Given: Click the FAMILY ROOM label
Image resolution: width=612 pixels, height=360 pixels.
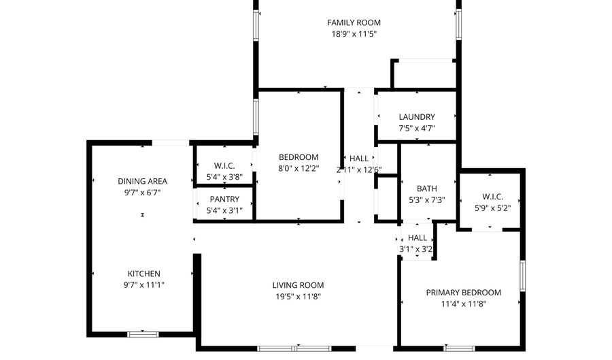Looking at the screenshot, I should point(354,22).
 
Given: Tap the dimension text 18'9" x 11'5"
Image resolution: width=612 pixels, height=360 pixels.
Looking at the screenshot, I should point(354,33).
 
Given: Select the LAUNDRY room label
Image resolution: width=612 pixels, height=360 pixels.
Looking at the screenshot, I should point(417,117).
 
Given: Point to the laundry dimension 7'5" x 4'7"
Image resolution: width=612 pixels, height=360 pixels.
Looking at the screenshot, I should point(417,128).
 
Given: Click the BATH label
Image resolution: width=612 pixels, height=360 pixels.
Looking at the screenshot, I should point(427,189).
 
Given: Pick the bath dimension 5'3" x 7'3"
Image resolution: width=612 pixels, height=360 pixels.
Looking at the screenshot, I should point(427,199).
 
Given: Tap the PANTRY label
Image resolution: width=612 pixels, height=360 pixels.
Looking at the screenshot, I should point(224,199).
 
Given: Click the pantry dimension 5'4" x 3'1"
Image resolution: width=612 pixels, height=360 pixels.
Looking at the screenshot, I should point(224,210).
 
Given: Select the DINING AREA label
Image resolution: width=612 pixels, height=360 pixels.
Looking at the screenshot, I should point(142,181).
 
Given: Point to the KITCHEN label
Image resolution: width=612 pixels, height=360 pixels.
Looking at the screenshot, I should point(143,274).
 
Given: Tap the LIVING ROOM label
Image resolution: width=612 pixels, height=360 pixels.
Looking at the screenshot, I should point(298,285).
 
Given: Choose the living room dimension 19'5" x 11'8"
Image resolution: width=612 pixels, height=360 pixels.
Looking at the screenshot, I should point(298,296).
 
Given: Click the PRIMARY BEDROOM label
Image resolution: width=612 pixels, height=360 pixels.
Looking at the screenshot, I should point(463,293).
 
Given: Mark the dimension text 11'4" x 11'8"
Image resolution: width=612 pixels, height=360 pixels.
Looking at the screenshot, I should point(463,304).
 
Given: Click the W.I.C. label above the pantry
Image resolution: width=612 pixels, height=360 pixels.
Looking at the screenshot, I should point(224,165).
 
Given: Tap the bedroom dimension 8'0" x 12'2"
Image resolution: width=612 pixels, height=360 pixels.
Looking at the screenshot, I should point(298,169).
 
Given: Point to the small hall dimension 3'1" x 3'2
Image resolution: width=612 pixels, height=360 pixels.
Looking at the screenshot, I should point(417,249).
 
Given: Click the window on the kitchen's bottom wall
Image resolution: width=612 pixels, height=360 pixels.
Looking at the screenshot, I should point(143,334).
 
